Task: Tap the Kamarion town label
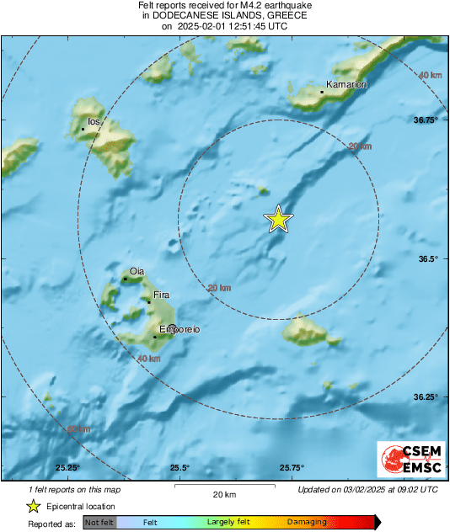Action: pyautogui.click(x=346, y=85)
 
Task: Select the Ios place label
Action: pyautogui.click(x=94, y=122)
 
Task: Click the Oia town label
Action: pyautogui.click(x=137, y=270)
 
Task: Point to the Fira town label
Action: pyautogui.click(x=162, y=295)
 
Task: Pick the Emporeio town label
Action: pyautogui.click(x=179, y=329)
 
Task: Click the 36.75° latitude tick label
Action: pyautogui.click(x=426, y=120)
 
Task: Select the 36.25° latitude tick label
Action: pyautogui.click(x=426, y=396)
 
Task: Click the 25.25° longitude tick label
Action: pyautogui.click(x=67, y=468)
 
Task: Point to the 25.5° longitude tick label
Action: pyautogui.click(x=179, y=468)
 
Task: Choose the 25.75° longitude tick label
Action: pyautogui.click(x=292, y=468)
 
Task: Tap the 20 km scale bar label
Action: pyautogui.click(x=223, y=493)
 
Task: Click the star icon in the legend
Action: pyautogui.click(x=33, y=506)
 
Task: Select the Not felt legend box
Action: pyautogui.click(x=99, y=522)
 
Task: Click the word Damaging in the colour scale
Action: pyautogui.click(x=307, y=522)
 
